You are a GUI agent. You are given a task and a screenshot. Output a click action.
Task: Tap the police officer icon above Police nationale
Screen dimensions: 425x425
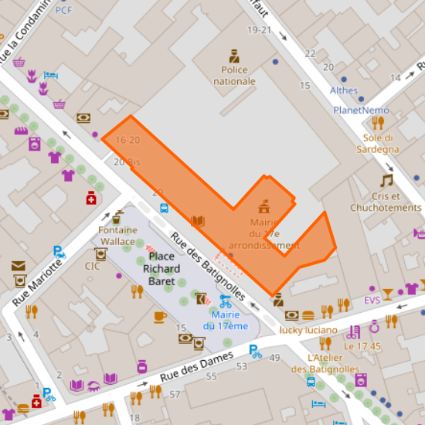(x=234, y=56)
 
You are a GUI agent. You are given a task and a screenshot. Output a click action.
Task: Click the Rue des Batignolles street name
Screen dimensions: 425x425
(x=209, y=268)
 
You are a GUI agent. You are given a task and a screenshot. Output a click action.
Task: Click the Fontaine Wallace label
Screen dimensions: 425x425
(x=117, y=236)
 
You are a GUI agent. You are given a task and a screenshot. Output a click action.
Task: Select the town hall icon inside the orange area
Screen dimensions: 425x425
(x=264, y=206)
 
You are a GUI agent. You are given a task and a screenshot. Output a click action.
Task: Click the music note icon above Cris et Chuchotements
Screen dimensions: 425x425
(x=386, y=180)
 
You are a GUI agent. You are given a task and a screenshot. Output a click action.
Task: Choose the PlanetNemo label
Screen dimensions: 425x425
(x=362, y=110)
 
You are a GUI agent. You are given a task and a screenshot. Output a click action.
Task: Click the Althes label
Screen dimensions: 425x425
(x=344, y=90)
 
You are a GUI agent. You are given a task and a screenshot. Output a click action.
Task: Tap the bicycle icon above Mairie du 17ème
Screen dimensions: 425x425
(x=226, y=301)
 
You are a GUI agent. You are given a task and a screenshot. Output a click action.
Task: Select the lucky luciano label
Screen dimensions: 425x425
(x=308, y=330)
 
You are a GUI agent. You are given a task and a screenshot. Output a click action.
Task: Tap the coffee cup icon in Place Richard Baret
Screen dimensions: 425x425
(x=160, y=316)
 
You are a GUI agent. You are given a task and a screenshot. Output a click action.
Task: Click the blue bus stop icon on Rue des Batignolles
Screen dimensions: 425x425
(x=164, y=207)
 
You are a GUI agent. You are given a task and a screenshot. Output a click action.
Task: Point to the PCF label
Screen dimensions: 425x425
(x=63, y=10)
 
